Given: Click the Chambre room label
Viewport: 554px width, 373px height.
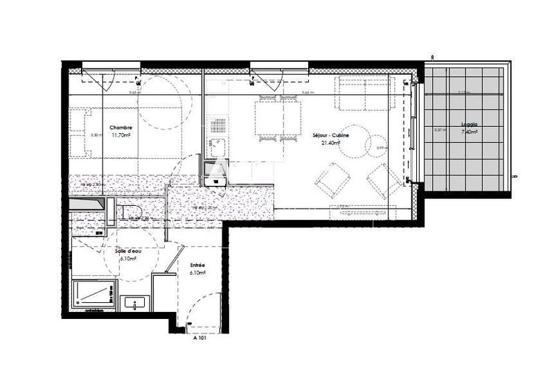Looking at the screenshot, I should click(x=120, y=128).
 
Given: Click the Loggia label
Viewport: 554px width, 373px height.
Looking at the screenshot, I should click(x=469, y=125).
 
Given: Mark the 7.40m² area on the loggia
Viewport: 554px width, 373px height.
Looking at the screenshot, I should click(x=469, y=132).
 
